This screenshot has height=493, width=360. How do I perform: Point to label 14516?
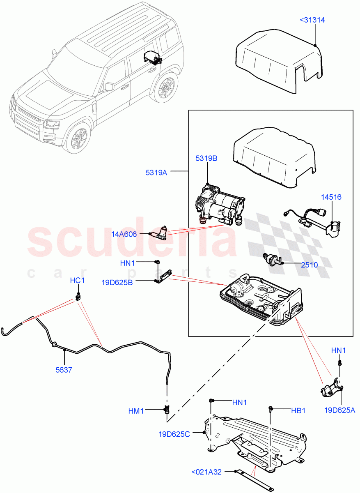331,197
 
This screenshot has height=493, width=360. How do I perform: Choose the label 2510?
309,265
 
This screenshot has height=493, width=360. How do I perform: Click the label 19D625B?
117,282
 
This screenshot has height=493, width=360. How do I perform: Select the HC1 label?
77,281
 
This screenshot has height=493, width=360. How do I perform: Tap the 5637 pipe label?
64,370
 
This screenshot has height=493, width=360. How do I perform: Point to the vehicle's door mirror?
109,86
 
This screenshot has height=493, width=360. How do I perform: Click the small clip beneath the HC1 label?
78,296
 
